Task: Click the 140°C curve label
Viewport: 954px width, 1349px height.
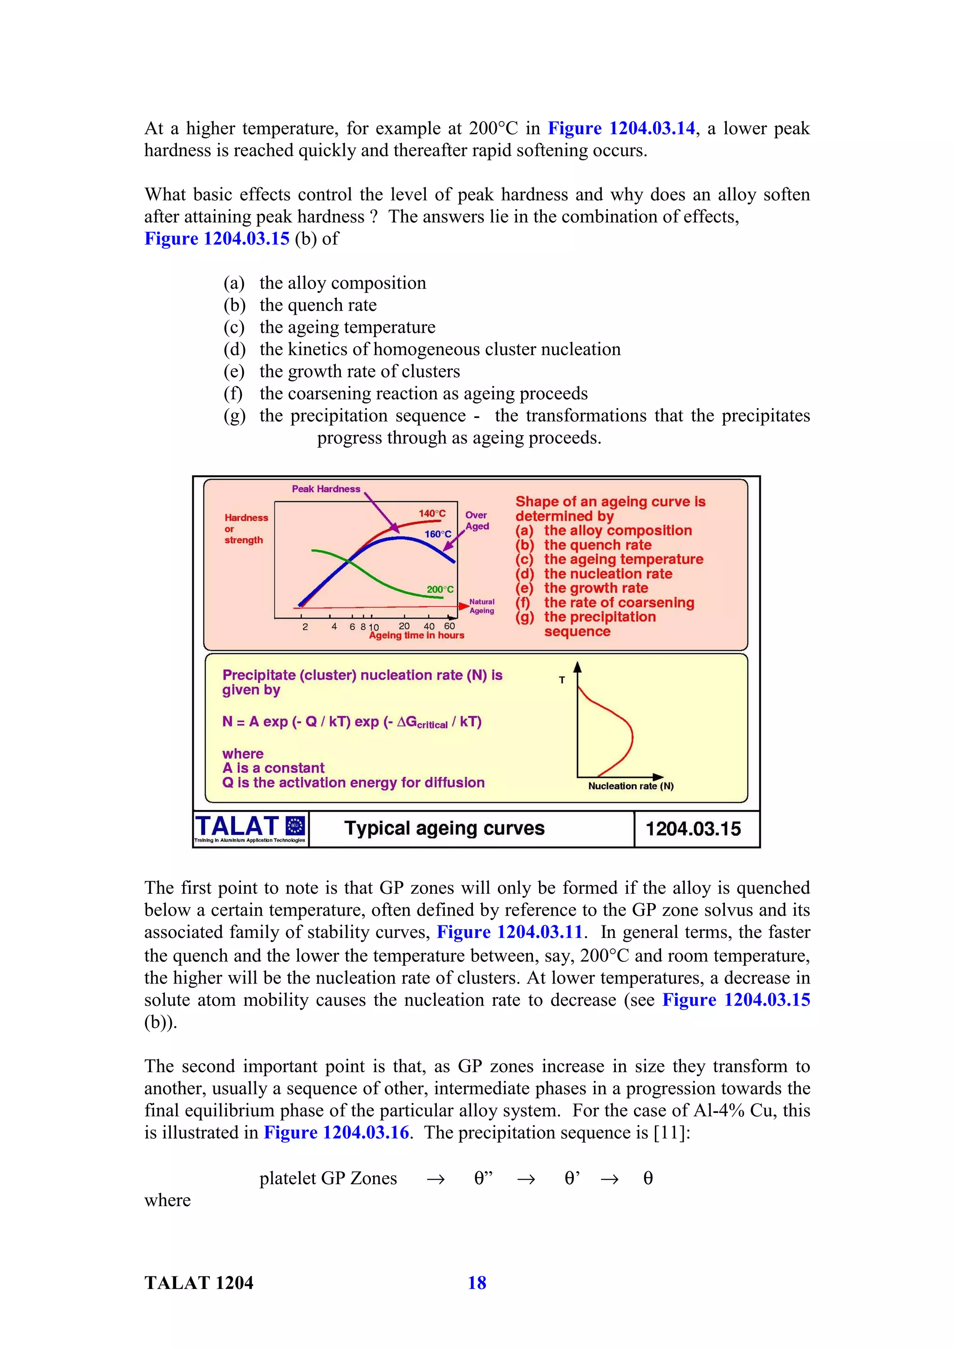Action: coord(432,513)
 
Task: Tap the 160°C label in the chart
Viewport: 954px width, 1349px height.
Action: coord(438,534)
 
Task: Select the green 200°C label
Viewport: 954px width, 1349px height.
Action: coord(440,589)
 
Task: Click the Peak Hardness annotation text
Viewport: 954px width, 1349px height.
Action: coord(326,489)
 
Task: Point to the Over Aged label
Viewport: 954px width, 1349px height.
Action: coord(477,520)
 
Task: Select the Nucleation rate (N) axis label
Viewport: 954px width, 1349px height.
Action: coord(630,786)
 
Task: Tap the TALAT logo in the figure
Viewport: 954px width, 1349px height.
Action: coord(250,829)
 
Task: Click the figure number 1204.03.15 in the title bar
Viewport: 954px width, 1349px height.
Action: coord(693,829)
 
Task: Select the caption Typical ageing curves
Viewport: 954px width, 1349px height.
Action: coord(444,829)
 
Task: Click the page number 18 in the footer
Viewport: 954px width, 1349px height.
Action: coord(477,1282)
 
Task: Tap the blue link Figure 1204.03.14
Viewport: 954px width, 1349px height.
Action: coord(621,128)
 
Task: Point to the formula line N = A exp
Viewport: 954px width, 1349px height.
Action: coord(352,722)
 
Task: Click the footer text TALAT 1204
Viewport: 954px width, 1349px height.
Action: coord(199,1282)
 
